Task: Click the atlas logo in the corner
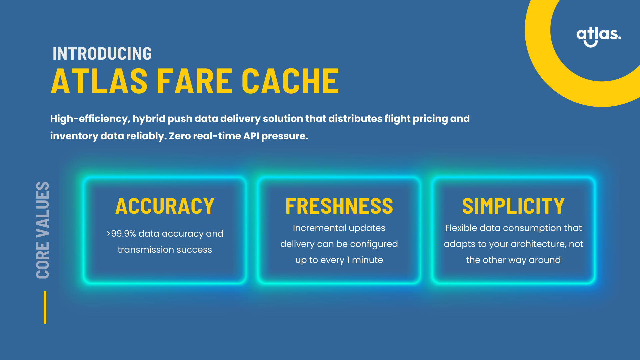pos(599,36)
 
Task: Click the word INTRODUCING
pos(102,54)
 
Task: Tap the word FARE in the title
pos(195,81)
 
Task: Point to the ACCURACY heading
pos(165,206)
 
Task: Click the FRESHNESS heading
pos(339,206)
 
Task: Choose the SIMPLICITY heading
pos(513,206)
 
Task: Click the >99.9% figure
pos(121,234)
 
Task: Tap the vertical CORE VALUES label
pos(43,230)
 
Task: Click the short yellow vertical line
pos(45,307)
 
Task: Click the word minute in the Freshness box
pos(367,260)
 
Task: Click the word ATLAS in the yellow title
pos(99,81)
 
